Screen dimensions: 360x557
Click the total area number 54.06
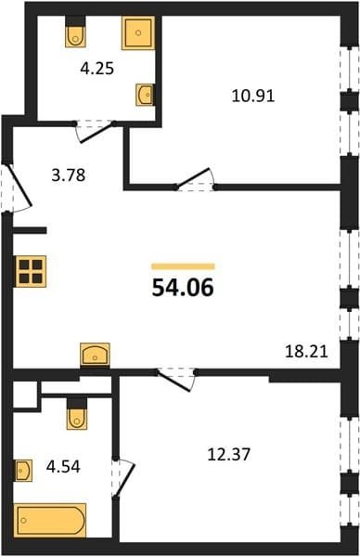click(x=183, y=288)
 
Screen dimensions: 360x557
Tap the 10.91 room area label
click(x=253, y=96)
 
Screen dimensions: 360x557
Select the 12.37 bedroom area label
click(x=229, y=454)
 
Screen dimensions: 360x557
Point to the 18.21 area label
click(x=306, y=351)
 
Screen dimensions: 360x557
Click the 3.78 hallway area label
click(x=69, y=175)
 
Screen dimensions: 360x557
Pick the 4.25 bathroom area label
click(x=96, y=69)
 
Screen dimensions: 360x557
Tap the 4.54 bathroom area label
click(x=63, y=466)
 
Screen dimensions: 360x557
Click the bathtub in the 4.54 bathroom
click(x=50, y=520)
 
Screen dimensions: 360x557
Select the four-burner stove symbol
click(x=31, y=271)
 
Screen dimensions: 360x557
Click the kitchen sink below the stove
click(x=95, y=354)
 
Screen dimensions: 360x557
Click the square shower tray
click(x=138, y=32)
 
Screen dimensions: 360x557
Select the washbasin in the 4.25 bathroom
click(x=146, y=95)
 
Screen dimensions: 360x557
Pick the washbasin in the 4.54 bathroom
click(x=23, y=471)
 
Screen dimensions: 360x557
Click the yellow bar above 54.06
click(x=183, y=266)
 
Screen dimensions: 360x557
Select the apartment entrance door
click(x=18, y=188)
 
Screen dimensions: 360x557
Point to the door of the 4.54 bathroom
click(x=123, y=478)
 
